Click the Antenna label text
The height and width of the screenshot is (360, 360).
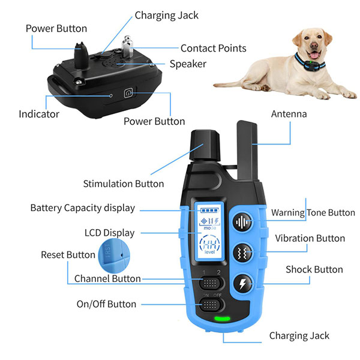click(x=289, y=114)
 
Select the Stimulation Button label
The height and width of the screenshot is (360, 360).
click(x=123, y=184)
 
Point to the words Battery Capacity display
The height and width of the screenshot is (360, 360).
click(x=82, y=208)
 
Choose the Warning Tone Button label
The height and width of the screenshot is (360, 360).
click(x=313, y=212)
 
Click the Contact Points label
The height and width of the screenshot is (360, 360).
click(x=213, y=48)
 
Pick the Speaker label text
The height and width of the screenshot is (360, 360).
click(x=188, y=64)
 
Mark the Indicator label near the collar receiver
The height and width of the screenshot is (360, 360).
click(x=39, y=113)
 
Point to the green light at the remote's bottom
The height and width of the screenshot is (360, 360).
click(x=223, y=319)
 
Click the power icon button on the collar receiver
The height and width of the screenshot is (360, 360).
click(x=128, y=93)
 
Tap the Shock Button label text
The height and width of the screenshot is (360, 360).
click(x=314, y=269)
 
